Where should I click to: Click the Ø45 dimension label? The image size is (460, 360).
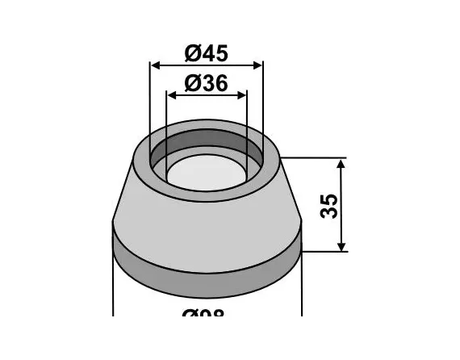[x=207, y=53]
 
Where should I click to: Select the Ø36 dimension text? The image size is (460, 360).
[x=207, y=82]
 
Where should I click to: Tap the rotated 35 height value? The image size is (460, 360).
[x=328, y=205]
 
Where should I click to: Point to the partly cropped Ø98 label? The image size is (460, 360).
[x=207, y=313]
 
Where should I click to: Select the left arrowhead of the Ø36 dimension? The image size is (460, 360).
[x=171, y=94]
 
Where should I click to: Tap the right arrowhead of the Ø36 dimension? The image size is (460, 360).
[x=242, y=94]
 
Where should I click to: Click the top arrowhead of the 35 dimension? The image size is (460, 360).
[x=341, y=164]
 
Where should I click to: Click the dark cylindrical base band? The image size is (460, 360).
[x=206, y=262]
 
